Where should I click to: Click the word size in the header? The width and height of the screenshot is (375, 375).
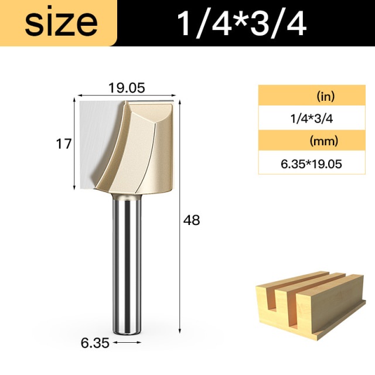pos(61,23)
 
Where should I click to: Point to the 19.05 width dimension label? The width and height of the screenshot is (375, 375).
pos(127,88)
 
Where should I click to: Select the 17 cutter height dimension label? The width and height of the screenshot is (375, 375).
pos(64,144)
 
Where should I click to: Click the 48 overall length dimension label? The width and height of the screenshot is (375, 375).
pos(192,220)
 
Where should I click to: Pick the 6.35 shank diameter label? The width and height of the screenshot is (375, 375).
pos(95,343)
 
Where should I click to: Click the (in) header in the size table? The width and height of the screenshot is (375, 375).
pos(325,96)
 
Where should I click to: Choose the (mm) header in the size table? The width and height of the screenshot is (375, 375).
pos(324,141)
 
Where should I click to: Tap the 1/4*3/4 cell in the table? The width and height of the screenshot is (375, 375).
pos(311,118)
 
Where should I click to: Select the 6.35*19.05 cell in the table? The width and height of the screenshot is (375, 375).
pos(311,164)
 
